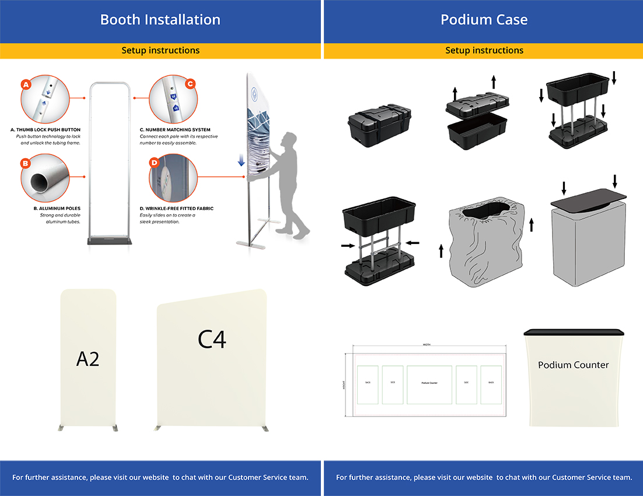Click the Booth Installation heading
160,20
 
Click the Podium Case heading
484,20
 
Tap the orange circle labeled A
25,85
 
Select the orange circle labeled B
25,163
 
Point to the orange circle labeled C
190,84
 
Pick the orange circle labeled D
154,162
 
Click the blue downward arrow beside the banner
241,160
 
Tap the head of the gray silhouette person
288,140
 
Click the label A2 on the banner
88,358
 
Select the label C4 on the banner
212,339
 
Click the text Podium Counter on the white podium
573,365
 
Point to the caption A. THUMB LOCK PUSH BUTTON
46,130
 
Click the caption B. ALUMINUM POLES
57,208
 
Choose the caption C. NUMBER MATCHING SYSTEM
175,130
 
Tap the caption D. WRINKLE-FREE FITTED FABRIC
177,208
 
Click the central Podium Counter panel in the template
429,384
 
